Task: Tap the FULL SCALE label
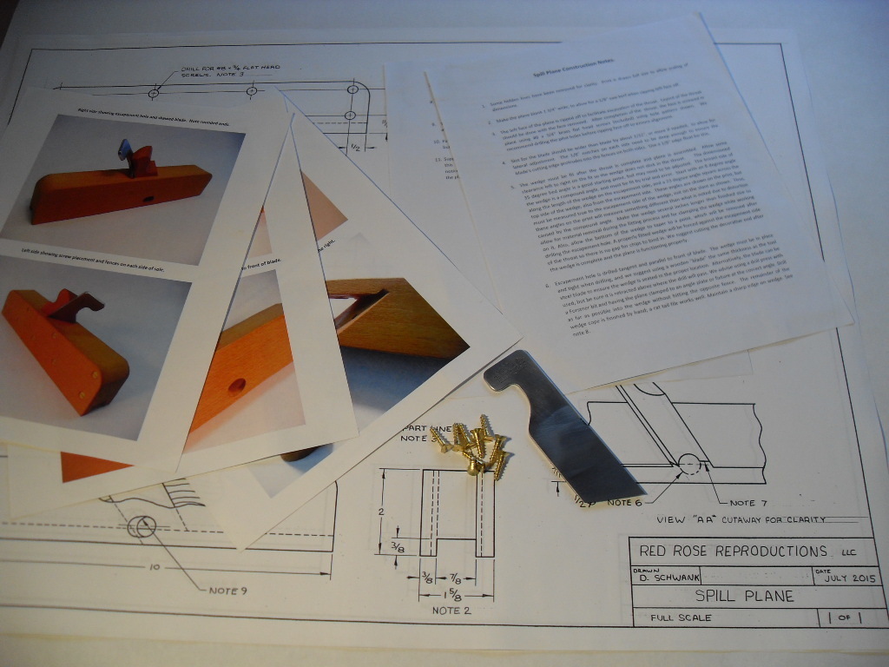[x=675, y=617]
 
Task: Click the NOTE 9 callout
[x=227, y=591]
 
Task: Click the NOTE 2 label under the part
[x=451, y=611]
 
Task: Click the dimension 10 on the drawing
[x=153, y=566]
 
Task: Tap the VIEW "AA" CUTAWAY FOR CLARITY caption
[x=741, y=520]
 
